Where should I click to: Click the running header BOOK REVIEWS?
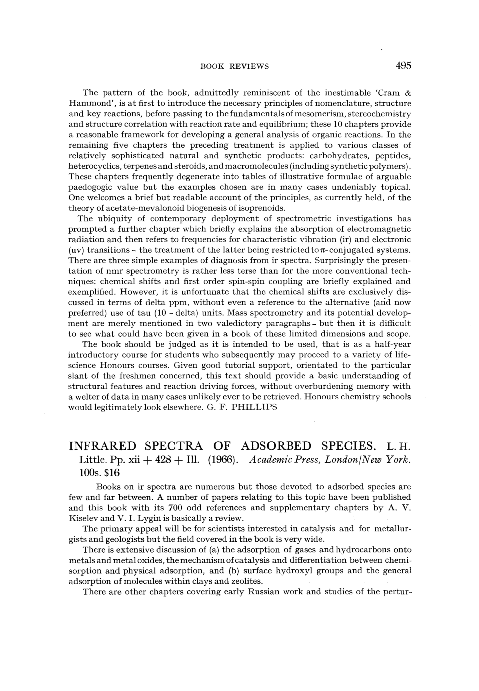pyautogui.click(x=234, y=66)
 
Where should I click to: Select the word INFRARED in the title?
pyautogui.click(x=102, y=446)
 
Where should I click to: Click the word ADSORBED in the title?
pyautogui.click(x=276, y=446)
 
